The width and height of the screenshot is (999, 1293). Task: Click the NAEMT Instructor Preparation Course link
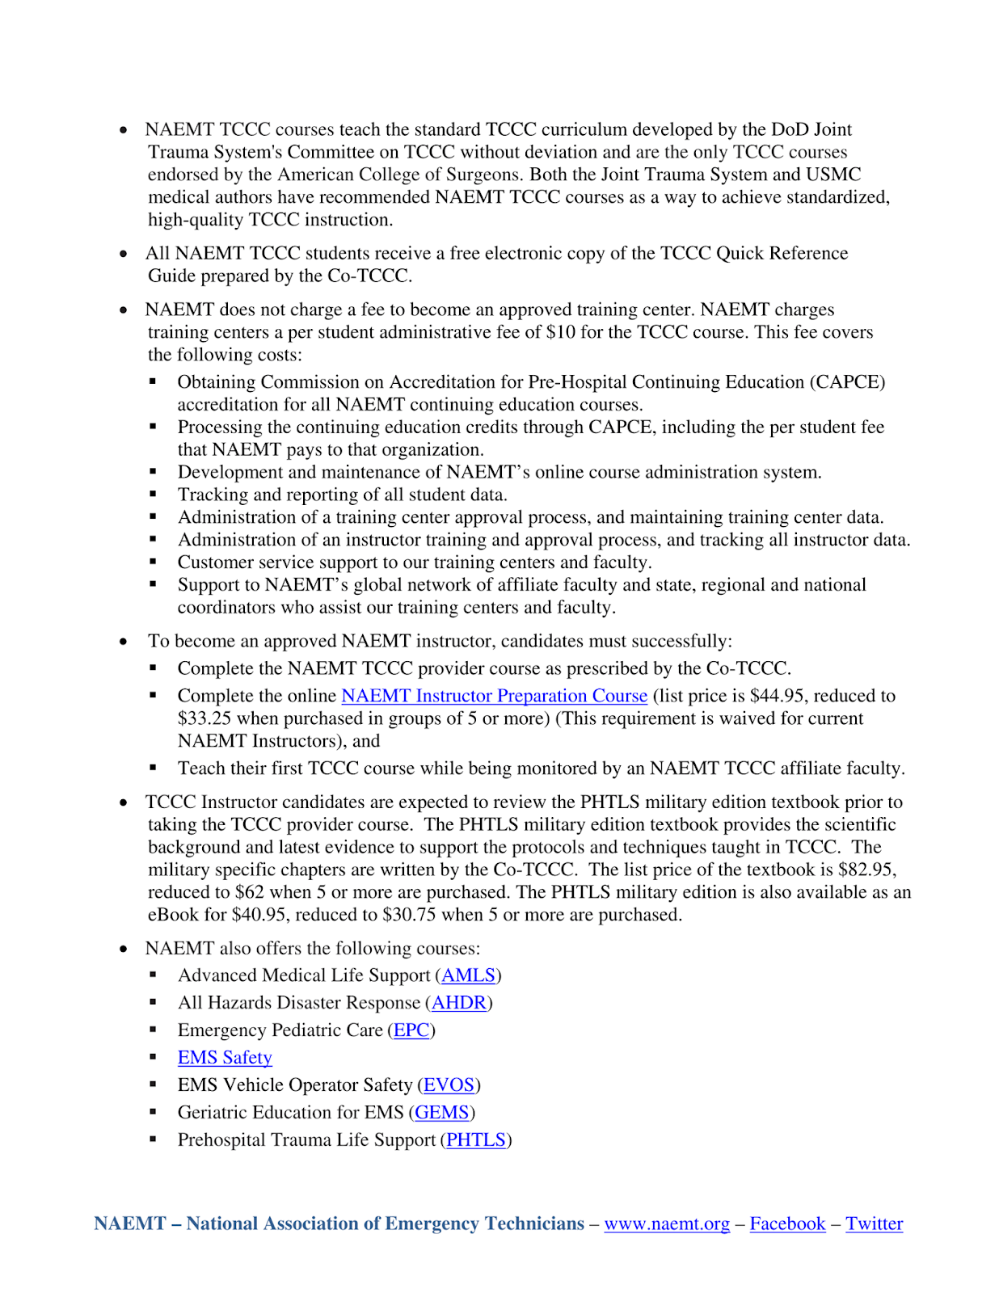point(494,696)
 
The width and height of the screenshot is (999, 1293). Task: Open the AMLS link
point(468,975)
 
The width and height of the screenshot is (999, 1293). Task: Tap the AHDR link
point(459,1003)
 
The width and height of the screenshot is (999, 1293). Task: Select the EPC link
point(411,1030)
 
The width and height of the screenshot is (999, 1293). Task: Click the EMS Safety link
point(225,1058)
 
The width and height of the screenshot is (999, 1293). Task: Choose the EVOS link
point(449,1085)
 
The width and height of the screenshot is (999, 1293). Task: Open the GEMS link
point(441,1113)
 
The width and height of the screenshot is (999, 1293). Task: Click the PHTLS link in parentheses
point(476,1140)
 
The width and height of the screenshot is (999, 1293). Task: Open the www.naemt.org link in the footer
point(667,1224)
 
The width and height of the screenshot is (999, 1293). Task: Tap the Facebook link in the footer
point(787,1224)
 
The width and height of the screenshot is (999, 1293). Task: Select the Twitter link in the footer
point(874,1224)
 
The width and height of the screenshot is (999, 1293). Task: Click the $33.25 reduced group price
point(205,718)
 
